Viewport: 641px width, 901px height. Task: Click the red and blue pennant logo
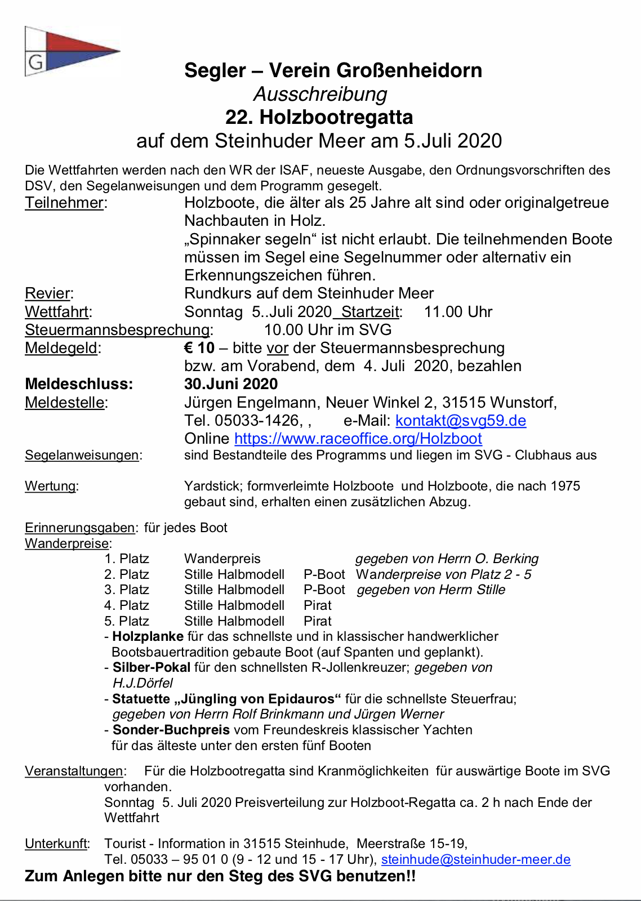click(x=72, y=51)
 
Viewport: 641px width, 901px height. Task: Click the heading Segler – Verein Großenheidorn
click(x=333, y=70)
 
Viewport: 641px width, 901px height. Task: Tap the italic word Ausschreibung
click(x=320, y=94)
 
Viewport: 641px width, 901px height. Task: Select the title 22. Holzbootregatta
click(x=319, y=117)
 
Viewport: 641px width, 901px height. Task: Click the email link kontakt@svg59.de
click(x=461, y=421)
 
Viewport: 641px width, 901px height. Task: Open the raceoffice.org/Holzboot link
click(x=358, y=439)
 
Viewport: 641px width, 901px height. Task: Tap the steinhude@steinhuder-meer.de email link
click(x=475, y=859)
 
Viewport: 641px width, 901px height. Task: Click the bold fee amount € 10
click(x=199, y=348)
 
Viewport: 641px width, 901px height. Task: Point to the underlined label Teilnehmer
click(x=64, y=203)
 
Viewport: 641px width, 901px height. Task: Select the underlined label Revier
click(x=48, y=293)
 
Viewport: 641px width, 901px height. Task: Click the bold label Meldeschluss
click(x=79, y=384)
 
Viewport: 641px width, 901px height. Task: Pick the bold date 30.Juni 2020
click(x=231, y=384)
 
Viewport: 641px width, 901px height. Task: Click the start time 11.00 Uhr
click(x=458, y=312)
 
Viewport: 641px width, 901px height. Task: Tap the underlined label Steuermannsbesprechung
click(x=117, y=329)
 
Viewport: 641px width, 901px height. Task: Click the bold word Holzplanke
click(x=148, y=636)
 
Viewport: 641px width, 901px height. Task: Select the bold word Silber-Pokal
click(x=151, y=667)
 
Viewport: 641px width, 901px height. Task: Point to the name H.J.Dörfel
click(x=143, y=683)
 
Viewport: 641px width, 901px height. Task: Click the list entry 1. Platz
click(x=127, y=559)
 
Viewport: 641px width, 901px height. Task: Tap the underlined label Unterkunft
click(x=56, y=844)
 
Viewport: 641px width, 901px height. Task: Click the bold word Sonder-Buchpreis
click(x=171, y=730)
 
